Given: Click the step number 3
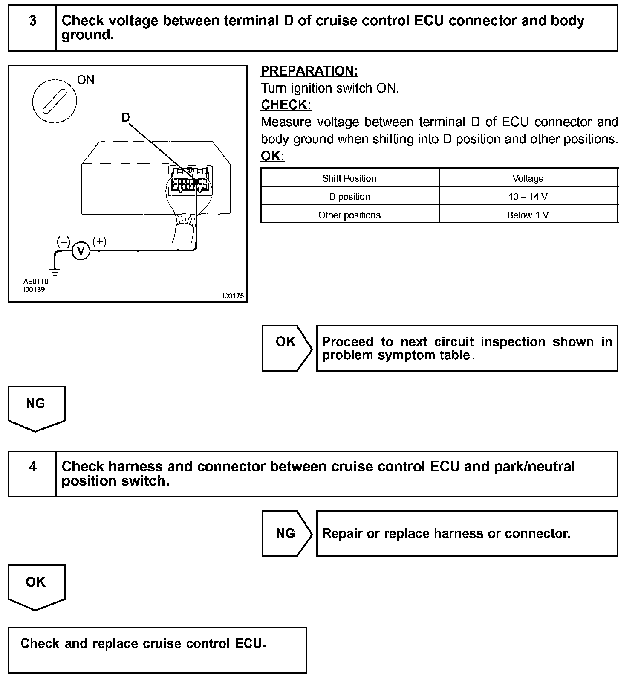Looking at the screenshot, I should pyautogui.click(x=33, y=21).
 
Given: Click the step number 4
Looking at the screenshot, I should pyautogui.click(x=33, y=467).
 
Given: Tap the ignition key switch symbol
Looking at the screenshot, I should pyautogui.click(x=55, y=101).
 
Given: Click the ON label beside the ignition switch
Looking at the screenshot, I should pyautogui.click(x=86, y=80).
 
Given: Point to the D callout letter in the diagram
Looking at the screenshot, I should pyautogui.click(x=125, y=117).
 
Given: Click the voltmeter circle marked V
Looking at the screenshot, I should pyautogui.click(x=81, y=251).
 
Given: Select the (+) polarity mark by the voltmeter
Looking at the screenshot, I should pyautogui.click(x=99, y=241).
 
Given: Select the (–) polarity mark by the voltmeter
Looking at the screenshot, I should pyautogui.click(x=63, y=242).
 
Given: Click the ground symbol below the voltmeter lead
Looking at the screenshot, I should pyautogui.click(x=55, y=271).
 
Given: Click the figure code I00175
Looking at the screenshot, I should pyautogui.click(x=233, y=296).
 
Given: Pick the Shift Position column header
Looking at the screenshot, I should pyautogui.click(x=349, y=178).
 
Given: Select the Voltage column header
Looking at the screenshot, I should pyautogui.click(x=528, y=178).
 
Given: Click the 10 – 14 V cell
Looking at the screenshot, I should pyautogui.click(x=528, y=197).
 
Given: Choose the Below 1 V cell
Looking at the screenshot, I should pyautogui.click(x=528, y=215).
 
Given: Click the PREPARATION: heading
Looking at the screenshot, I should pyautogui.click(x=309, y=71).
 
